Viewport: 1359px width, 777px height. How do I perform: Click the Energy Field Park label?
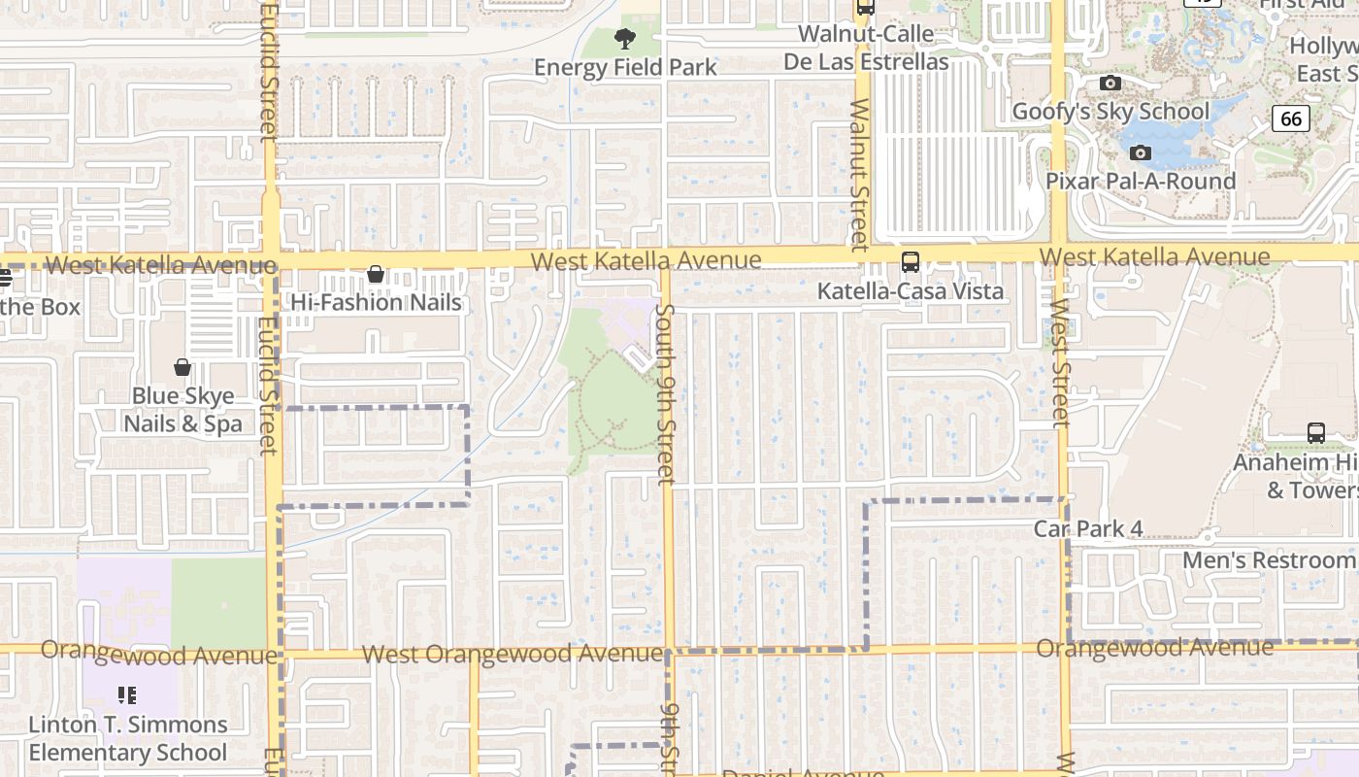click(x=625, y=67)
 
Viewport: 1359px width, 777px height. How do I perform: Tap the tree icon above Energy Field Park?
click(x=625, y=39)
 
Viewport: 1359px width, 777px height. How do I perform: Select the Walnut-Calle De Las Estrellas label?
click(x=866, y=48)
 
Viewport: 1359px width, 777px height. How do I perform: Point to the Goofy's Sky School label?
click(x=1110, y=112)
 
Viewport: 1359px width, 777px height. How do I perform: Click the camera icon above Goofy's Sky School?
click(x=1110, y=84)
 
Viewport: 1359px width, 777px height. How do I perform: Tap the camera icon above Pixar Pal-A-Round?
click(x=1141, y=152)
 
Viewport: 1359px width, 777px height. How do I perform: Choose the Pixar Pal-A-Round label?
click(x=1141, y=182)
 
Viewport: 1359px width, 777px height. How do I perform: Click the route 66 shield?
click(x=1290, y=118)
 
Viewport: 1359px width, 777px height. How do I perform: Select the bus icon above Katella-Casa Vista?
click(x=911, y=262)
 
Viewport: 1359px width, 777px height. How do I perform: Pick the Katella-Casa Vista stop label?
click(x=911, y=291)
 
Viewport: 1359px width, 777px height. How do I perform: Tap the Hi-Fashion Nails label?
click(x=377, y=303)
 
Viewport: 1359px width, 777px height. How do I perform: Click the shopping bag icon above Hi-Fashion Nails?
click(x=376, y=276)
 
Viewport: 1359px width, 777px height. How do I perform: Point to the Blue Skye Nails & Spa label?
click(x=182, y=410)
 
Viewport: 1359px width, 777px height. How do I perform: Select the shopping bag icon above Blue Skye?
click(x=182, y=367)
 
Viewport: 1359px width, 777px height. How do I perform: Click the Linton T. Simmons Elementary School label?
click(x=127, y=738)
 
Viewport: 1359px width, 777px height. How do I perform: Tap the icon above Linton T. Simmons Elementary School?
click(x=126, y=695)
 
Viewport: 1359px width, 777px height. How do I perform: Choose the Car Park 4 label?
click(x=1087, y=529)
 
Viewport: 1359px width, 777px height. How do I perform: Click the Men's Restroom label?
click(x=1268, y=560)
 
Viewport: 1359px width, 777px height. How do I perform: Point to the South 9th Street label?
click(x=665, y=393)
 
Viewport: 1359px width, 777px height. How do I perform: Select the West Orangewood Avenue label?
click(x=513, y=654)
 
